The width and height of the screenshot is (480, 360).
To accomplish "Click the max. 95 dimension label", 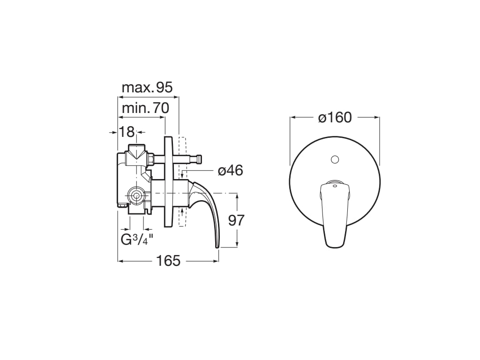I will (147, 87).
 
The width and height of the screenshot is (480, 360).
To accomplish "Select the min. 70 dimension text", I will (145, 108).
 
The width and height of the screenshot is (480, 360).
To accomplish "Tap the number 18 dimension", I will (127, 132).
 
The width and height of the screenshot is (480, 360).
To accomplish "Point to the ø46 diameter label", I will (230, 171).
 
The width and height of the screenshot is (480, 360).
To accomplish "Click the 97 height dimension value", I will (236, 220).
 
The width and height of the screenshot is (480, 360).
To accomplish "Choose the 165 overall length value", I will (168, 261).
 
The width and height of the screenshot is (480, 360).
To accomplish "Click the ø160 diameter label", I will (335, 117).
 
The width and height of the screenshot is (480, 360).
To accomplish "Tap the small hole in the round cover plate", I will (335, 160).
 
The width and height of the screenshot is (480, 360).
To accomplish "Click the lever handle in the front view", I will (335, 213).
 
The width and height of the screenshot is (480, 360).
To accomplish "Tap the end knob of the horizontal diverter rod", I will (199, 160).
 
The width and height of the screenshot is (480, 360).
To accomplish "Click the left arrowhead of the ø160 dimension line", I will (292, 117).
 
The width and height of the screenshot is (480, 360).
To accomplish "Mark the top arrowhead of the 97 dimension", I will (238, 196).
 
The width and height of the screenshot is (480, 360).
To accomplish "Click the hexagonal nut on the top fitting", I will (151, 160).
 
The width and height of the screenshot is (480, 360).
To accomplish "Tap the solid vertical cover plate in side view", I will (168, 180).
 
